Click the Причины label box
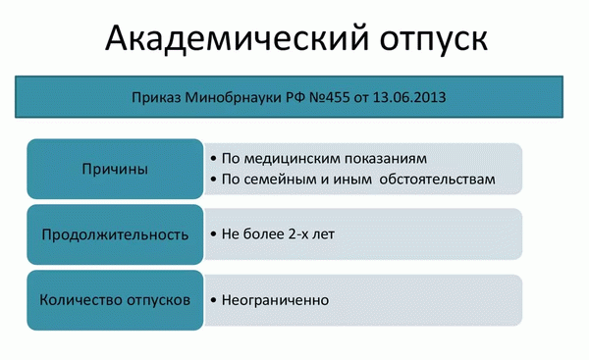(x=115, y=169)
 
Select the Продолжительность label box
(x=115, y=234)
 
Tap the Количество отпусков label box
(x=115, y=298)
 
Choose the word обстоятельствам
(x=439, y=180)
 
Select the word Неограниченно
(x=275, y=299)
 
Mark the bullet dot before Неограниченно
(x=213, y=299)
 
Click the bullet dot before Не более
(x=213, y=235)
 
